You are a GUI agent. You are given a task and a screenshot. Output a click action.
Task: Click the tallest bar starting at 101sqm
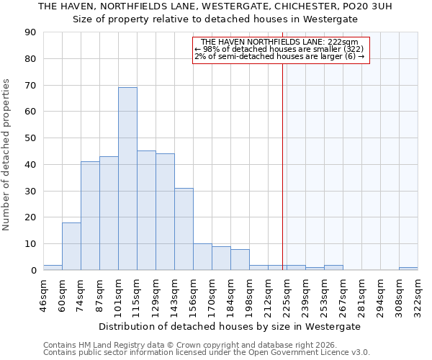(x=127, y=179)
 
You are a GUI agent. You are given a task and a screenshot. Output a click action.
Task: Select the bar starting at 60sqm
(x=71, y=246)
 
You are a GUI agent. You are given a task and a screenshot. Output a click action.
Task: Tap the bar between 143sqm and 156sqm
(x=184, y=229)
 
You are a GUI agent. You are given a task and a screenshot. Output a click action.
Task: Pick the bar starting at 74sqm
(x=90, y=216)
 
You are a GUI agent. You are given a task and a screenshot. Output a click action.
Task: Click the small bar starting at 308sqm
(x=408, y=269)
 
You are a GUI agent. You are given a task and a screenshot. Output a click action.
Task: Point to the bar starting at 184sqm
(x=240, y=260)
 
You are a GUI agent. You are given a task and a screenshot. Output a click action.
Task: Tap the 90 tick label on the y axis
(x=30, y=32)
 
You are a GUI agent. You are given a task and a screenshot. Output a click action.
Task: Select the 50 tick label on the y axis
(x=30, y=138)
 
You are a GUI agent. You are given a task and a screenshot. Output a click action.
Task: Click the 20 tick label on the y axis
(x=30, y=217)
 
